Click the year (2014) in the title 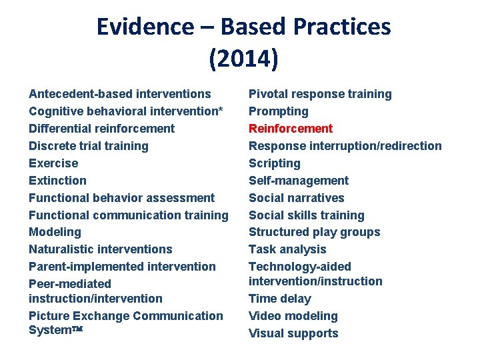[x=243, y=59]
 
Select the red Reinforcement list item [x=291, y=129]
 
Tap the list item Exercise [x=53, y=163]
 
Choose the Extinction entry [x=57, y=181]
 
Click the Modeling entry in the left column [x=55, y=232]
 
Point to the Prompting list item [x=279, y=111]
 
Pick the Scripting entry [x=275, y=163]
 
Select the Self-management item [x=299, y=181]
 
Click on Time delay [x=280, y=299]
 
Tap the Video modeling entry [x=293, y=316]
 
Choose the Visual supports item [x=293, y=333]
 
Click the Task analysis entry [x=287, y=249]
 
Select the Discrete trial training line [x=89, y=146]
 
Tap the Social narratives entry [x=297, y=198]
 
